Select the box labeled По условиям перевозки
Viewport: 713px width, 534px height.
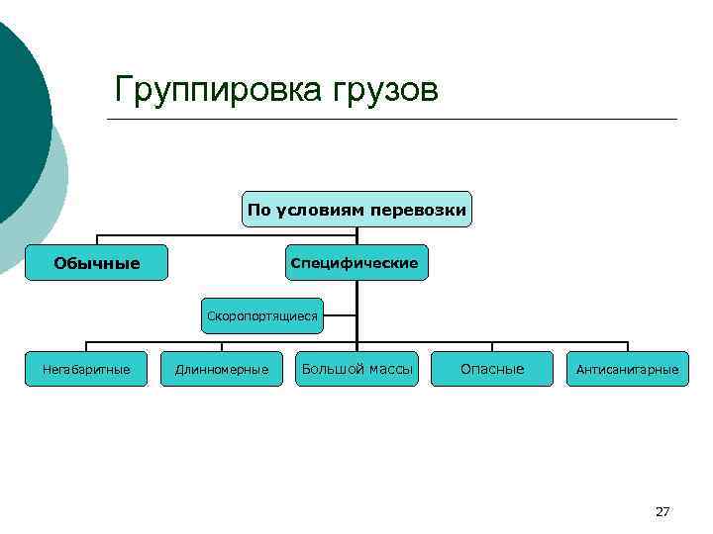click(357, 210)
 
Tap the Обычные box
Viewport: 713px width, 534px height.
click(96, 263)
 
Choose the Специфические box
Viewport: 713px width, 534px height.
click(357, 263)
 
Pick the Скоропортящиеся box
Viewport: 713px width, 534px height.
click(262, 316)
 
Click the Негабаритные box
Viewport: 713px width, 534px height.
click(86, 369)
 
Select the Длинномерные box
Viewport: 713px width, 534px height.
click(222, 369)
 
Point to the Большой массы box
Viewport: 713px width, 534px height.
click(357, 369)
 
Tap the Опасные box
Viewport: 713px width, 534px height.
click(492, 369)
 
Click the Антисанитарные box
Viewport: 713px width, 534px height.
click(627, 369)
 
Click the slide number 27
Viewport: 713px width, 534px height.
click(662, 511)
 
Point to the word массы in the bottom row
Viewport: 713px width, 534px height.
click(390, 369)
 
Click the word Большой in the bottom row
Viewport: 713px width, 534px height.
click(333, 369)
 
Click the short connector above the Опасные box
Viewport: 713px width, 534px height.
click(492, 346)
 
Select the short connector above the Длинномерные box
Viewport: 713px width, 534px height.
click(222, 346)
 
